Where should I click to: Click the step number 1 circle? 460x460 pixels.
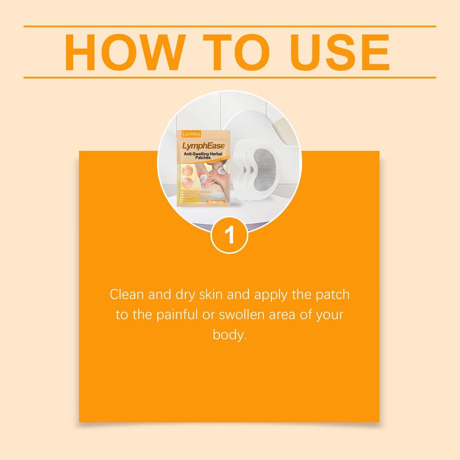[x=230, y=235]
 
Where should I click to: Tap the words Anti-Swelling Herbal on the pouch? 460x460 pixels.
[x=202, y=155]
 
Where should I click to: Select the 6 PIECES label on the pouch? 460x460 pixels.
[x=214, y=203]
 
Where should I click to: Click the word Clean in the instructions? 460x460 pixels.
[x=127, y=296]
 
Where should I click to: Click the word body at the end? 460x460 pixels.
[x=229, y=335]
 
